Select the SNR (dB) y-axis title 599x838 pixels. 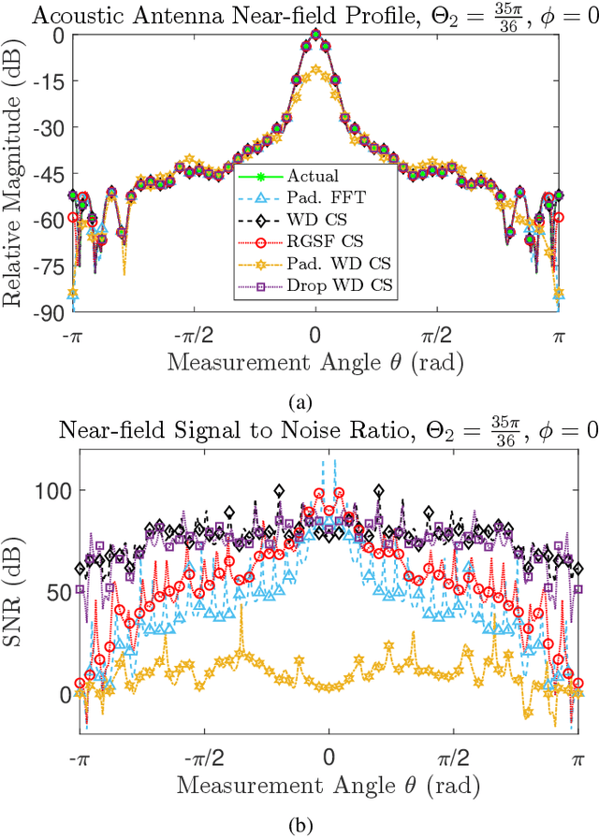[17, 594]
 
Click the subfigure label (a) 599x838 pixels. [299, 401]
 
